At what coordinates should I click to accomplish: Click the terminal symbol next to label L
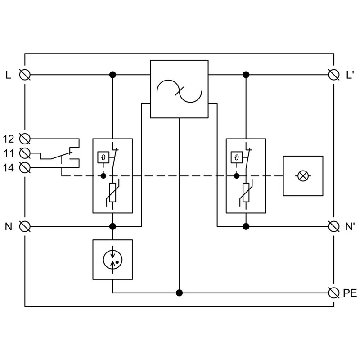point(25,75)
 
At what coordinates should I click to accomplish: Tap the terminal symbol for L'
point(334,75)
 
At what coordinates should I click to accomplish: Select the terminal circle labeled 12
point(25,139)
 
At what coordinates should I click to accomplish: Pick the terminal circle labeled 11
point(25,153)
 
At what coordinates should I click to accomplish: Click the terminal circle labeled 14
point(25,167)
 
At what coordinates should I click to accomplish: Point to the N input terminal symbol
point(25,227)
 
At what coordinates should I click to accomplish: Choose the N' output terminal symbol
point(334,227)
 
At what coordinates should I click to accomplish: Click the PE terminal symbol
point(334,293)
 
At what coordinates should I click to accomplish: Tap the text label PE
point(350,293)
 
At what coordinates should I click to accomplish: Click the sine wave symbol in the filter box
point(179,91)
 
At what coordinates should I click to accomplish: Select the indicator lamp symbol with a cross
point(303,176)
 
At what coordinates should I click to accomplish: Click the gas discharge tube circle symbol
point(112,260)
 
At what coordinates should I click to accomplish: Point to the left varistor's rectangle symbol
point(112,193)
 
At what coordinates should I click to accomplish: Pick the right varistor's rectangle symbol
point(246,193)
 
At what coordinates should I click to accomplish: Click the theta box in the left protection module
point(103,157)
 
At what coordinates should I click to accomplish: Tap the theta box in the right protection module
point(237,157)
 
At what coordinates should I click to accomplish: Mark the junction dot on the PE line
point(179,293)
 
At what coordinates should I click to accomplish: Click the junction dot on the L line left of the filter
point(112,75)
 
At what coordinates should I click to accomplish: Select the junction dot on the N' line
point(246,227)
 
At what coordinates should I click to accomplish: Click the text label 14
point(9,168)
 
